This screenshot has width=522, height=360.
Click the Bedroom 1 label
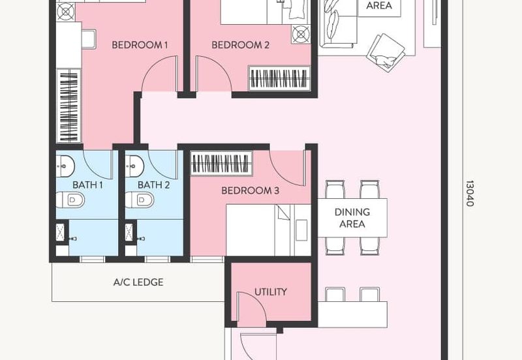140,45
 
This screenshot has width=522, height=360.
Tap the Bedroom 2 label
240,45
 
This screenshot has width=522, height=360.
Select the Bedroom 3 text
250,190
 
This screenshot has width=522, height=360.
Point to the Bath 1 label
87,185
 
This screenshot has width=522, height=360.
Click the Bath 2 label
153,185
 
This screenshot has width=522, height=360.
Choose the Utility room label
270,292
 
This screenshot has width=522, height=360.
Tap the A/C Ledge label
138,282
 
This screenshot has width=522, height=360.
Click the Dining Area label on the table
352,218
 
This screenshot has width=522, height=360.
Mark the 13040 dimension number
469,193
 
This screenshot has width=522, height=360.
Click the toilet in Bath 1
70,200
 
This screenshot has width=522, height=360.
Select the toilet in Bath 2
140,200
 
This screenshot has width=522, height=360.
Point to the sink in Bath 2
134,166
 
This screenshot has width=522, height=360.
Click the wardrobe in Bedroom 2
279,78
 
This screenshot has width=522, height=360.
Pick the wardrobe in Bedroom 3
221,163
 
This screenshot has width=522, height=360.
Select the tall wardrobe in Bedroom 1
69,106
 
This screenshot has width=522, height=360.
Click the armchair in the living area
386,52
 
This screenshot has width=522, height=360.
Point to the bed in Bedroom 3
268,230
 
